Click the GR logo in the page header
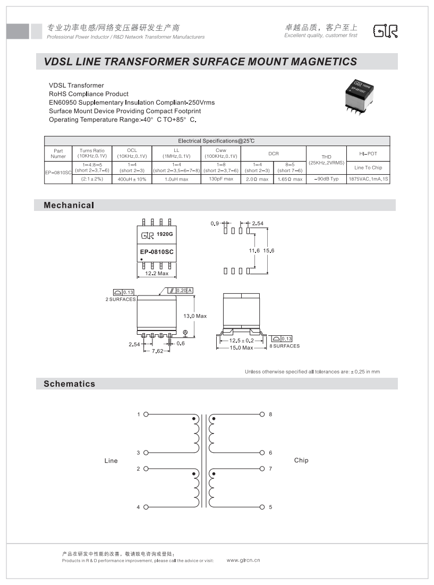385,31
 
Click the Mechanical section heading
69,205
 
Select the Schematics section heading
70,384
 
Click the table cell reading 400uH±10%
132,179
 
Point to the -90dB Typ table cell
326,179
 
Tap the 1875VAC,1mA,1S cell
368,179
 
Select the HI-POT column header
368,153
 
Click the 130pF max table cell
221,179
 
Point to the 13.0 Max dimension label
195,316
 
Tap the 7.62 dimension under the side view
157,351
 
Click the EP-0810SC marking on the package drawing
157,252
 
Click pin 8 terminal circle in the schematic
262,414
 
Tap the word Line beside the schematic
111,461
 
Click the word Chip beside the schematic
301,460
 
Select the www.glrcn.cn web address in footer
243,560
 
